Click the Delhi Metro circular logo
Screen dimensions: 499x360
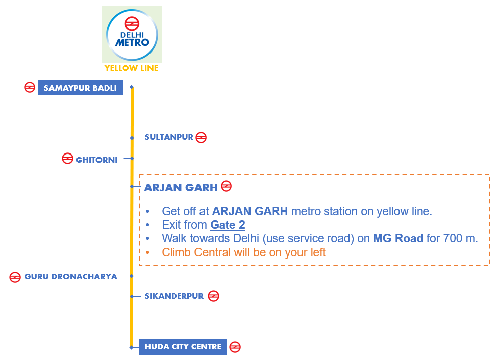click(x=132, y=35)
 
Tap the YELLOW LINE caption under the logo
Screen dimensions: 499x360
click(x=131, y=68)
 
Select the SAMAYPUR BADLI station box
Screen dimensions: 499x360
click(x=80, y=87)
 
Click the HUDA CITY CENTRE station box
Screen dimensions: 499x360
click(x=183, y=347)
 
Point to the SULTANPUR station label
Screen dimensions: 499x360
click(x=169, y=137)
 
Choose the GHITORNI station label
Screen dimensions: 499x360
click(x=96, y=160)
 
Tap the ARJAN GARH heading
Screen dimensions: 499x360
click(x=181, y=188)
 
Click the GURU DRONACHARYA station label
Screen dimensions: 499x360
click(x=71, y=276)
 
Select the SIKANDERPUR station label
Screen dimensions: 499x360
click(x=174, y=296)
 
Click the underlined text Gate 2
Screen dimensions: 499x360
click(x=228, y=225)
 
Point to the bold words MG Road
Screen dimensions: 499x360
click(x=398, y=238)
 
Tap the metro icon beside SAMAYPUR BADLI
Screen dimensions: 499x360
click(x=30, y=87)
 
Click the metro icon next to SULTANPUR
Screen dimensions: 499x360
click(x=201, y=138)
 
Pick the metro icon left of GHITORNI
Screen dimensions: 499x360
click(x=68, y=159)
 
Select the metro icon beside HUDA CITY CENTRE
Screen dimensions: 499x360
click(x=235, y=347)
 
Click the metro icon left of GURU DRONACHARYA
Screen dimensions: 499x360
click(x=15, y=277)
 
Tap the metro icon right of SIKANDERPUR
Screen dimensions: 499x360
click(x=213, y=296)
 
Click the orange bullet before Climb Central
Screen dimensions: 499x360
click(x=147, y=252)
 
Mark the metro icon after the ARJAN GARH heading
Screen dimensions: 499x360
click(x=226, y=186)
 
